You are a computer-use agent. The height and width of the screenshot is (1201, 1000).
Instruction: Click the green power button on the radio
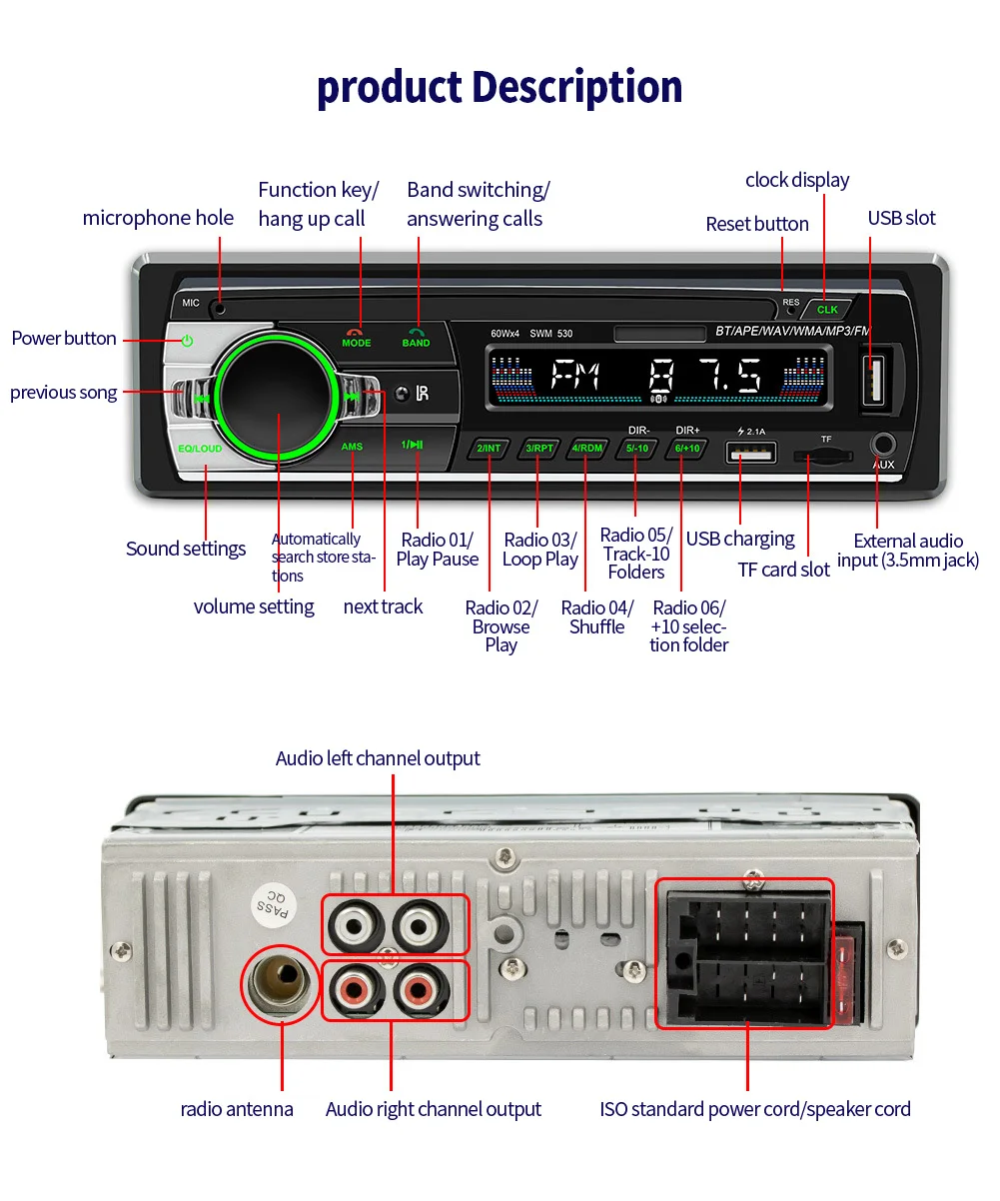[x=187, y=341]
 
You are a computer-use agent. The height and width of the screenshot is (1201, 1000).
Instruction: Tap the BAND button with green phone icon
[x=417, y=338]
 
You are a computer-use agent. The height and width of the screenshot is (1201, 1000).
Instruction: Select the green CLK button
[x=827, y=309]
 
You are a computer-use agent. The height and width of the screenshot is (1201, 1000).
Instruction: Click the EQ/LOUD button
[x=200, y=449]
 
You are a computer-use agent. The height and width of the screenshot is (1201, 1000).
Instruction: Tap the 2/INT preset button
[x=489, y=449]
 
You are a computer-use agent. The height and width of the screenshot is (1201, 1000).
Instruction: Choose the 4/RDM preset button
[x=586, y=449]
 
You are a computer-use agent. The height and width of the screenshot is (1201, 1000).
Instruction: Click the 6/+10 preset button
[x=687, y=449]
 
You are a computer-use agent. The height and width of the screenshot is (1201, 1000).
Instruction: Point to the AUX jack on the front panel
[x=883, y=445]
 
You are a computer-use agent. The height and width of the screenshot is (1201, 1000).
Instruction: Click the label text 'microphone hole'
[x=158, y=218]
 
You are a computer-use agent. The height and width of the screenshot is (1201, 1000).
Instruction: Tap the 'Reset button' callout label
[x=756, y=224]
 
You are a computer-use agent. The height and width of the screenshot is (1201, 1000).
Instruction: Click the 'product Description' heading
[x=500, y=87]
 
